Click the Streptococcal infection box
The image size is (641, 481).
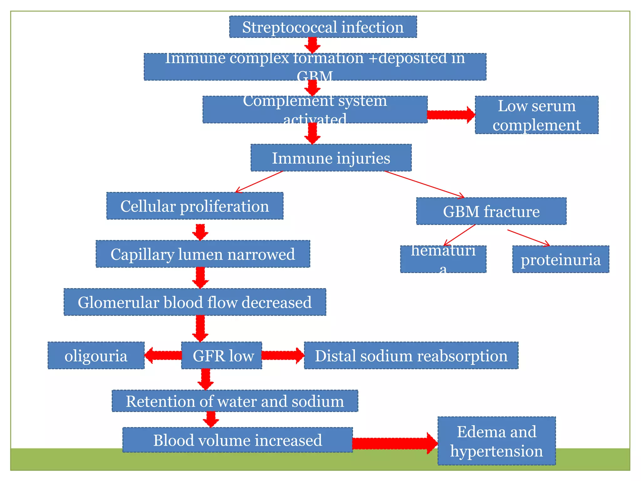pyautogui.click(x=323, y=27)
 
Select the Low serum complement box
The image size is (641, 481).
pyautogui.click(x=536, y=115)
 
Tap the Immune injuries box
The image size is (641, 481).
pyautogui.click(x=331, y=158)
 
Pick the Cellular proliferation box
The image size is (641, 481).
pyautogui.click(x=195, y=206)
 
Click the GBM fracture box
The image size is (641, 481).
pyautogui.click(x=491, y=211)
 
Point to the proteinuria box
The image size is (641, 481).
pyautogui.click(x=561, y=259)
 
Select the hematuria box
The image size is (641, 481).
pyautogui.click(x=443, y=259)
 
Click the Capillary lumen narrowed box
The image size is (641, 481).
pyautogui.click(x=203, y=254)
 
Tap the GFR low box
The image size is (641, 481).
pyautogui.click(x=222, y=355)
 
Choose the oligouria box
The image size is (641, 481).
pyautogui.click(x=96, y=355)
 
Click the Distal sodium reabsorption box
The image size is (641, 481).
pyautogui.click(x=411, y=355)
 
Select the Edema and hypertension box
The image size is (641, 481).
pyautogui.click(x=496, y=441)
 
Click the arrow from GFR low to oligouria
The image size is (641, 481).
pyautogui.click(x=163, y=355)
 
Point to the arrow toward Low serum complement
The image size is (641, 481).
pyautogui.click(x=451, y=115)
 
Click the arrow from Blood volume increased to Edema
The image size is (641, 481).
pyautogui.click(x=394, y=443)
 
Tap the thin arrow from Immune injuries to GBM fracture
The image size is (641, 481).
pyautogui.click(x=424, y=184)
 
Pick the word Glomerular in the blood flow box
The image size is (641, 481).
pyautogui.click(x=118, y=303)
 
